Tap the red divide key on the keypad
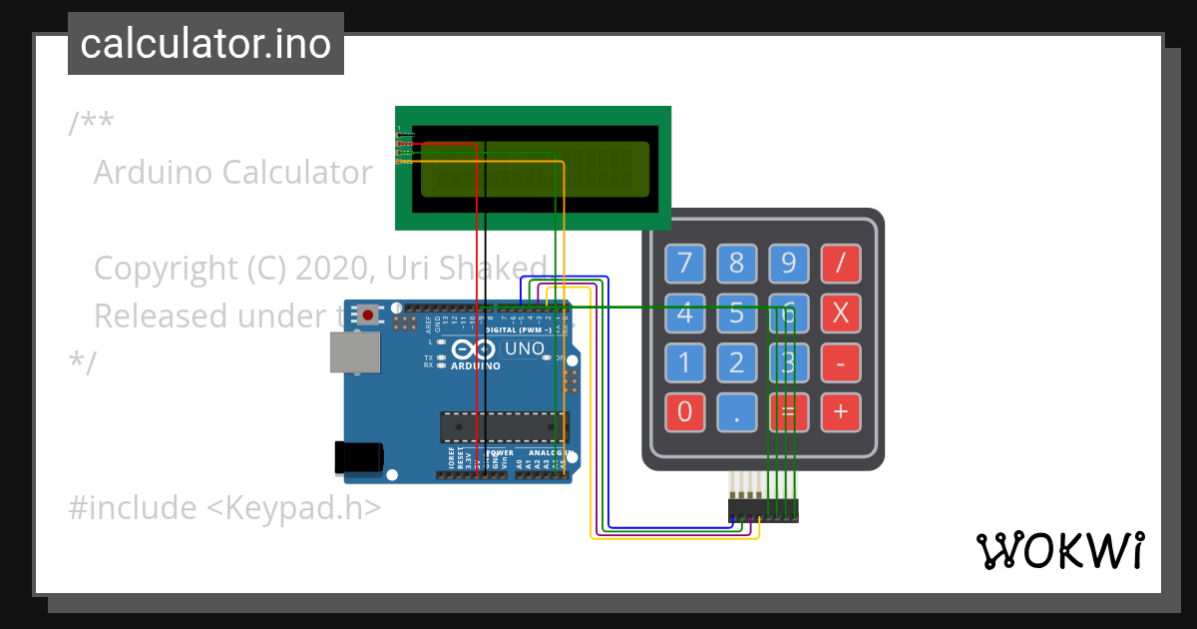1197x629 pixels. coord(840,263)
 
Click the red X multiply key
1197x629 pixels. coord(840,314)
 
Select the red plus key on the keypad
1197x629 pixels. coord(840,411)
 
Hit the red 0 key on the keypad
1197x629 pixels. coord(684,411)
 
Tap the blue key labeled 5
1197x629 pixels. coord(736,314)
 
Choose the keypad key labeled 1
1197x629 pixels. coord(684,362)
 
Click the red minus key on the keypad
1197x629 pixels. coord(840,362)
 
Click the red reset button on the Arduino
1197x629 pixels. coord(368,314)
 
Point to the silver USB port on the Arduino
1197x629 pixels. coord(356,352)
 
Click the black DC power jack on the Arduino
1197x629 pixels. coord(359,457)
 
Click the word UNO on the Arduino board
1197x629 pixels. coord(524,349)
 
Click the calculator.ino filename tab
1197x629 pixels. coord(205,44)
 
